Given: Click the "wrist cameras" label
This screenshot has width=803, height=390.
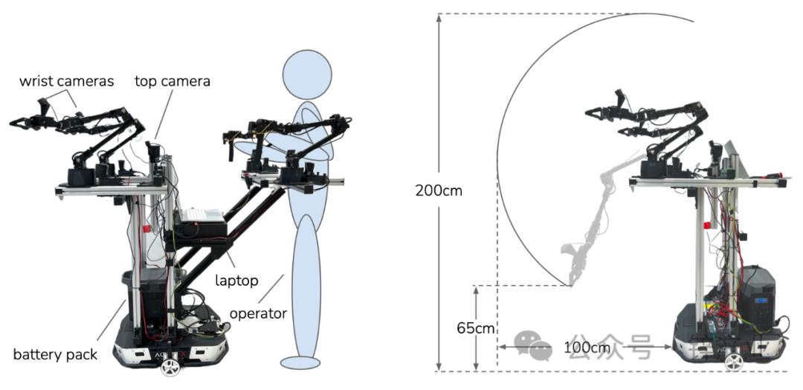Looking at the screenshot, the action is pyautogui.click(x=66, y=81).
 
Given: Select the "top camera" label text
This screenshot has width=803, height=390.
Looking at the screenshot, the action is pyautogui.click(x=172, y=81).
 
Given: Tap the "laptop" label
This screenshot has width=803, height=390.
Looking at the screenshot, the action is pyautogui.click(x=236, y=281).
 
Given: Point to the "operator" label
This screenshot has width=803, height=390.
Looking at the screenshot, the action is pyautogui.click(x=258, y=313).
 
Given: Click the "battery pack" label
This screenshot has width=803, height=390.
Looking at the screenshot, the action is pyautogui.click(x=55, y=354).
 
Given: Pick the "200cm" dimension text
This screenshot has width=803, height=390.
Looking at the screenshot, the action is pyautogui.click(x=439, y=191).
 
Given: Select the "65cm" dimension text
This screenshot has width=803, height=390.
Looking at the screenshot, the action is pyautogui.click(x=476, y=328).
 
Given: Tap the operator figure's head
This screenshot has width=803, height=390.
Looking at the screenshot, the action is pyautogui.click(x=308, y=74).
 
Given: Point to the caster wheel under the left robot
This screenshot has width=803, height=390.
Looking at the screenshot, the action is pyautogui.click(x=171, y=367).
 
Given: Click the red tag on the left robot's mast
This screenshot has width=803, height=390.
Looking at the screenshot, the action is pyautogui.click(x=148, y=228).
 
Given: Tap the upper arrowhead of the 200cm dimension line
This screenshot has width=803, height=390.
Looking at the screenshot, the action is pyautogui.click(x=439, y=17).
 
